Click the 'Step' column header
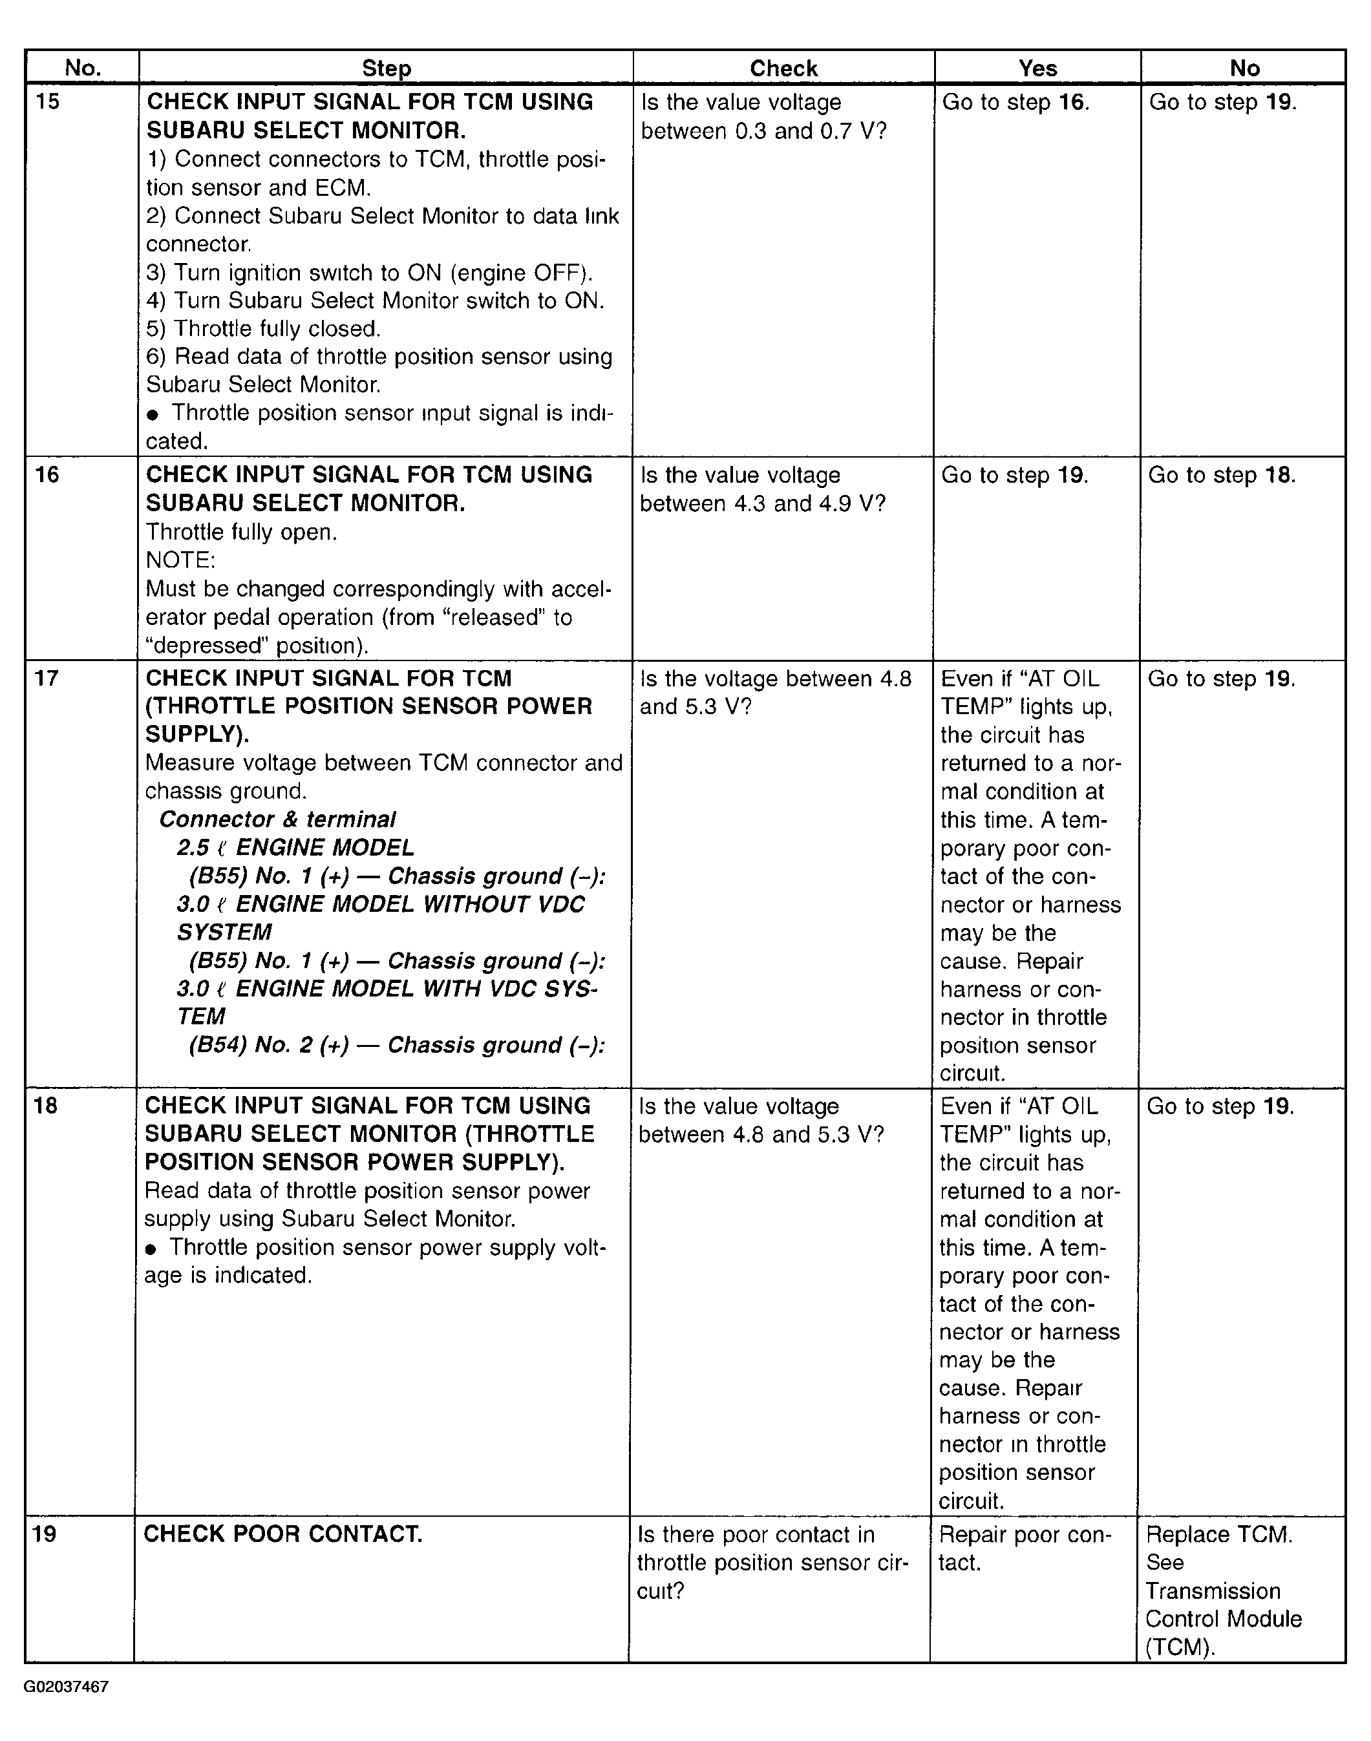tap(386, 69)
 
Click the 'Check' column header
tap(783, 69)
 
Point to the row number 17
tap(47, 678)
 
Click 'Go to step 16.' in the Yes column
tap(1015, 103)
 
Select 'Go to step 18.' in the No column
tap(1222, 475)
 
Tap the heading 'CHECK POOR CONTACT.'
tap(282, 1534)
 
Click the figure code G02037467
tap(66, 1687)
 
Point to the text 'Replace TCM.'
tap(1218, 1535)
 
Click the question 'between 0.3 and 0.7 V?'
tap(763, 131)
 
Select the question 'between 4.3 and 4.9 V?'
tap(763, 504)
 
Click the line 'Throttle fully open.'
tap(242, 532)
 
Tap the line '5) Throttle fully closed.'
tap(263, 329)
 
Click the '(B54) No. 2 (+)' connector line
tap(396, 1044)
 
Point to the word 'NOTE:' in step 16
tap(180, 560)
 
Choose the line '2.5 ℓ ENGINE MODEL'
tap(295, 847)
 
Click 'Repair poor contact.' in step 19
tap(1025, 1548)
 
